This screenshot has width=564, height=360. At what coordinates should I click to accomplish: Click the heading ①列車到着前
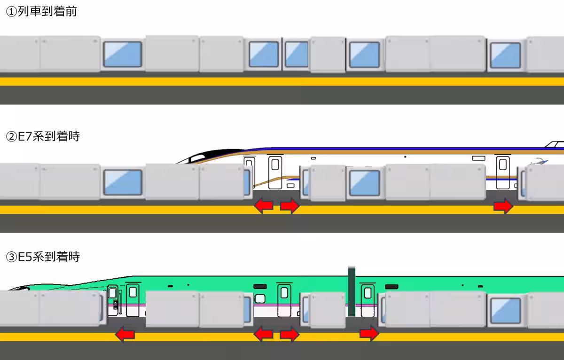[x=41, y=12]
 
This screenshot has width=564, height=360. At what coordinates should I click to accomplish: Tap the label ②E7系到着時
[x=43, y=137]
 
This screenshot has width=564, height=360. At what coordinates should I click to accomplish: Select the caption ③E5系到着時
[x=43, y=257]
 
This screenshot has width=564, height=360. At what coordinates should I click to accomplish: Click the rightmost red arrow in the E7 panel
[x=503, y=206]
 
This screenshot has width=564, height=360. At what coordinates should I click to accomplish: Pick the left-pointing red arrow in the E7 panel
[x=263, y=205]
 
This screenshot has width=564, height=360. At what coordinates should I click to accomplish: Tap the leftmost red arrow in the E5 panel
[x=125, y=335]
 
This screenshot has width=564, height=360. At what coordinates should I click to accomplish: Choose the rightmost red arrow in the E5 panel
[x=369, y=334]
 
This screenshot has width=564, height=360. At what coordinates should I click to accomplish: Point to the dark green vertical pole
[x=351, y=291]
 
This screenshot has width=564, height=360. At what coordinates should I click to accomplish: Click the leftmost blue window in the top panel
[x=123, y=54]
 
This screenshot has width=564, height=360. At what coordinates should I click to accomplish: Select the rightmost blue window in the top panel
[x=505, y=55]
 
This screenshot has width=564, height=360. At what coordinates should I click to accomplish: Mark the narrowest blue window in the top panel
[x=296, y=54]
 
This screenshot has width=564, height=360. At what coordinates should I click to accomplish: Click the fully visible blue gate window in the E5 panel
[x=505, y=311]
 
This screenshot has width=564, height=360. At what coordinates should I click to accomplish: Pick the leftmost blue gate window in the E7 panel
[x=123, y=182]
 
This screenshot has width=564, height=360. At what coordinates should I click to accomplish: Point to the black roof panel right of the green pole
[x=391, y=286]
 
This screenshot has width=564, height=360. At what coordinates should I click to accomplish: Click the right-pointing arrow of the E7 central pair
[x=290, y=205]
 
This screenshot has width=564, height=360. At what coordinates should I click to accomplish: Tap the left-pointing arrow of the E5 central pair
[x=263, y=334]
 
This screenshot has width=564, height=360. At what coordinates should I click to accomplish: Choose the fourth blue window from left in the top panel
[x=364, y=55]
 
